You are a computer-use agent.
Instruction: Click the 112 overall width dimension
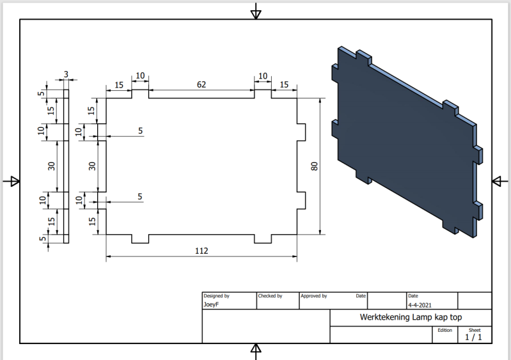(x=201, y=251)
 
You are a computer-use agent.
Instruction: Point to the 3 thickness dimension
(x=66, y=74)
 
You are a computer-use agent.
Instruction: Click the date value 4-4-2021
(x=420, y=305)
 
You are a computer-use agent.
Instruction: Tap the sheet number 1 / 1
(x=474, y=336)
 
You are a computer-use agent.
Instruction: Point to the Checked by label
(x=270, y=296)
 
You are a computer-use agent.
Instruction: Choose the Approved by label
(x=314, y=296)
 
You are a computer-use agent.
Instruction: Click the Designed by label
(x=216, y=296)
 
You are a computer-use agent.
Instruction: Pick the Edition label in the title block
(x=445, y=330)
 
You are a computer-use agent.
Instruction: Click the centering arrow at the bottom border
(x=256, y=349)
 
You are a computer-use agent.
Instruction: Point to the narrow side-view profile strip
(x=66, y=166)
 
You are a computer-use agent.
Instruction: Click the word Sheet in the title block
(x=475, y=329)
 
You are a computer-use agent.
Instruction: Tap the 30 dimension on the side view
(x=52, y=166)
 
